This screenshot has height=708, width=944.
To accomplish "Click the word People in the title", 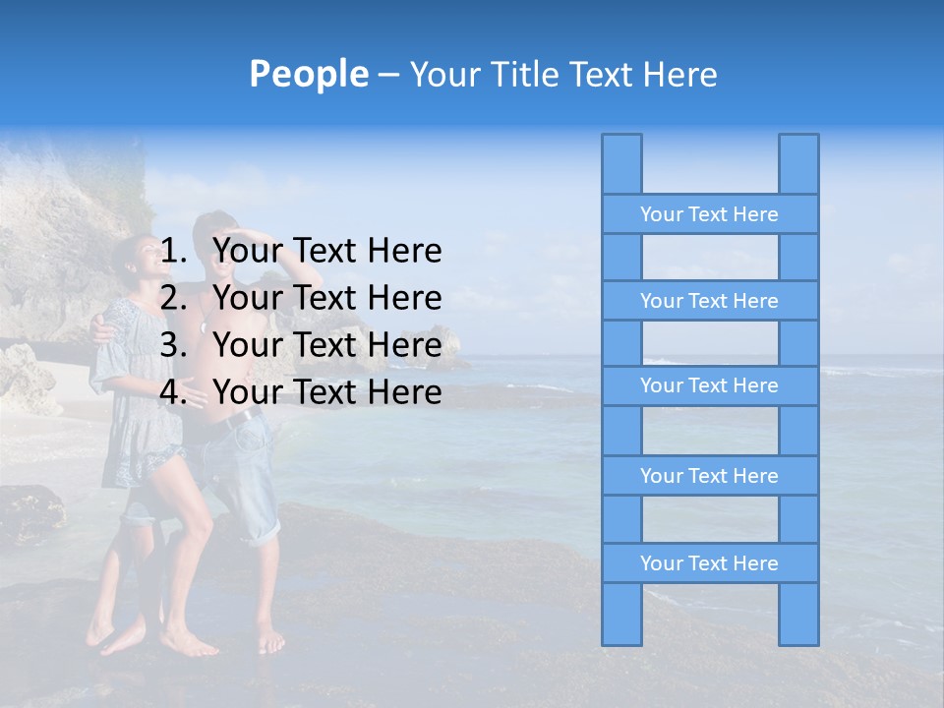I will click(309, 74).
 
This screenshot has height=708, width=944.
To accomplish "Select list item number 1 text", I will click(326, 251).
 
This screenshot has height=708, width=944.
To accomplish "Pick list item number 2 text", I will click(326, 298).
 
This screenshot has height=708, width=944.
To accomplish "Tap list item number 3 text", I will click(326, 345).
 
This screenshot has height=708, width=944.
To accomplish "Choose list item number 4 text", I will click(326, 392).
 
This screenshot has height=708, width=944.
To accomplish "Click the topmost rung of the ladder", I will click(709, 214).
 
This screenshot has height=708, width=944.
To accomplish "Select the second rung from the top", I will click(709, 301).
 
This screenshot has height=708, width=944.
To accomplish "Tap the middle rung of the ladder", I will click(709, 385).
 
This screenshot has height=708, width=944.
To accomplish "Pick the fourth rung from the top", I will click(709, 476).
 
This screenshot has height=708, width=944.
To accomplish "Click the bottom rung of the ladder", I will click(709, 563).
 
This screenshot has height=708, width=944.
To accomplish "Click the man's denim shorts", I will click(246, 482).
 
